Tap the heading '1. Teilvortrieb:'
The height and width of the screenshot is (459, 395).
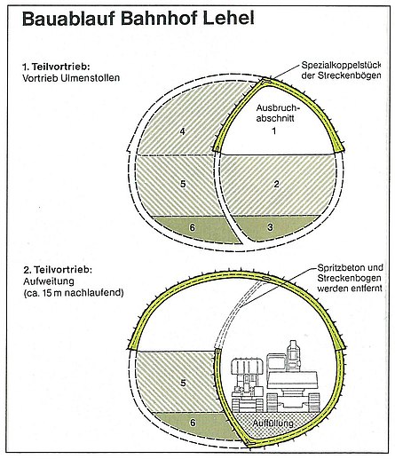56,67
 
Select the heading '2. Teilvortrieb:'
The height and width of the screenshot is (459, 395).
58,270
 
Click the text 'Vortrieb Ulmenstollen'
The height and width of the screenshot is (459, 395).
71,78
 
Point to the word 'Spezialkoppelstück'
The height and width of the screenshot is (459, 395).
341,66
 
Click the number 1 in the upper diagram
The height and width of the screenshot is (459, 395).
274,131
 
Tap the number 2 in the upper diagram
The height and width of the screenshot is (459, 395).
276,184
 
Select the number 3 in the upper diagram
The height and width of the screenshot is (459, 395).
270,227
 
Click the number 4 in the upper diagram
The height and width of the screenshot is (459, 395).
183,131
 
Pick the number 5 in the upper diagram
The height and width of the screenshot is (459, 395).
183,184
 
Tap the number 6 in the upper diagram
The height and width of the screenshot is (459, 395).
193,227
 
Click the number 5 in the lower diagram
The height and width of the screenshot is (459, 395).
183,384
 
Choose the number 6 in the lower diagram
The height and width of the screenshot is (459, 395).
193,423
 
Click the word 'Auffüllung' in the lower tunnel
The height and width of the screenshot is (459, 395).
273,423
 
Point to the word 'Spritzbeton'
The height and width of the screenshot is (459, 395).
341,268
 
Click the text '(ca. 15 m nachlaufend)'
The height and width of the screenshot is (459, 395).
74,293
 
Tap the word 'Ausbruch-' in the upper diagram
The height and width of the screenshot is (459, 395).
278,107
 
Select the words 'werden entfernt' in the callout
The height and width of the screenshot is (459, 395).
350,288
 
